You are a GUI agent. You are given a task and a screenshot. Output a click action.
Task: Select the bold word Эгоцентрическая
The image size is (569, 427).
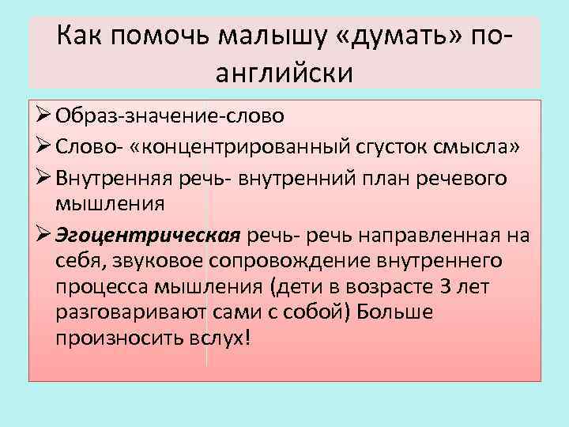click(x=148, y=236)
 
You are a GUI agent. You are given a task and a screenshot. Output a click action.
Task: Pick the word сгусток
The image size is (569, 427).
click(x=375, y=147)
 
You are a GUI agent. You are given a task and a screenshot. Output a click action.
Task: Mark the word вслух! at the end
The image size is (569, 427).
click(x=224, y=337)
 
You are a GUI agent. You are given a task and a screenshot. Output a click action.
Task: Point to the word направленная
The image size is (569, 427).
click(x=441, y=236)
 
